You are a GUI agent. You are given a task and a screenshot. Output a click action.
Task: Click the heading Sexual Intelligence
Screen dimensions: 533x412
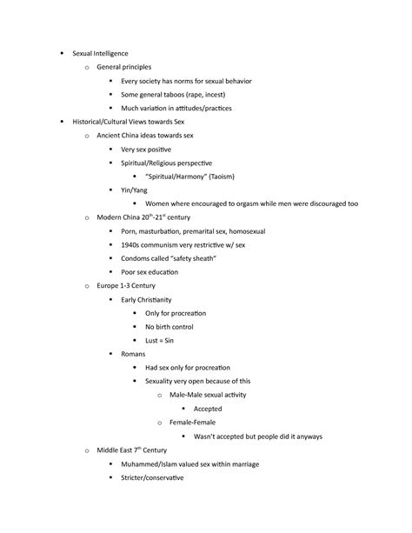click(x=102, y=54)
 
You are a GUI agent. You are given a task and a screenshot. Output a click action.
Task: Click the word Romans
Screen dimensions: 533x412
click(x=134, y=353)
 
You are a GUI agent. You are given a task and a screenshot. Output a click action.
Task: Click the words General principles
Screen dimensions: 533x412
click(x=127, y=67)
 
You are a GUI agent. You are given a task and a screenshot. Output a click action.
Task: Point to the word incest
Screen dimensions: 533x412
click(x=227, y=95)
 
